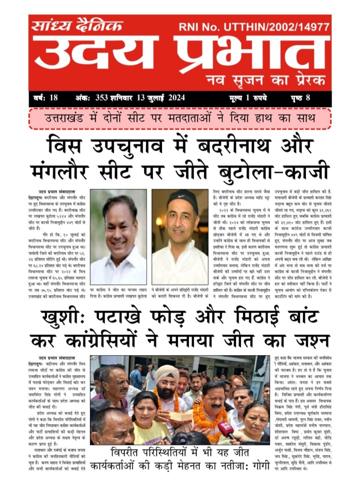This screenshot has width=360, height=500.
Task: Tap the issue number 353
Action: click(x=101, y=98)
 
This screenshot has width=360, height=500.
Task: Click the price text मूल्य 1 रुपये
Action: click(x=247, y=98)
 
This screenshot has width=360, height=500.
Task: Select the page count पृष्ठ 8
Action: click(x=300, y=98)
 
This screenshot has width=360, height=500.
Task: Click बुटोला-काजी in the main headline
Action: click(x=273, y=172)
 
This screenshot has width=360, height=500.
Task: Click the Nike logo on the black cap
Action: click(x=180, y=196)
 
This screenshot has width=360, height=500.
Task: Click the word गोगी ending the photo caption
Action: click(x=259, y=466)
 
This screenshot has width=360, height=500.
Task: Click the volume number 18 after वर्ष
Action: click(x=53, y=98)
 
